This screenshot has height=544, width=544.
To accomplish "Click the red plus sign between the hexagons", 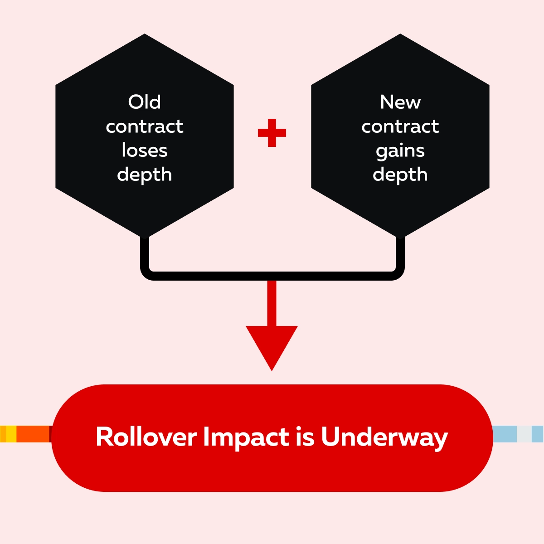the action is coord(272,133).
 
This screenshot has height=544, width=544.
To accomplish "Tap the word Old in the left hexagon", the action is coord(144,102).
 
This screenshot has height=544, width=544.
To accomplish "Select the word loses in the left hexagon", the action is coord(145,150).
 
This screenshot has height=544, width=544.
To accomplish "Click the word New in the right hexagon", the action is coord(400,102).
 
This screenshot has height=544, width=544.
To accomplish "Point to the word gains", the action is coord(400,151).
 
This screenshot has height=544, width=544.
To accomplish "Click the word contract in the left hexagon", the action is coord(145,126).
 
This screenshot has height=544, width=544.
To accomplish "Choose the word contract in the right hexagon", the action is coord(400,126).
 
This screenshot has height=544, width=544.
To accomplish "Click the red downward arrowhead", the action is coord(272,345).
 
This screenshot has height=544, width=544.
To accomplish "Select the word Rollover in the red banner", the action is coord(146,437).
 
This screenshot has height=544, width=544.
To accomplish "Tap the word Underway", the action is coord(384,438).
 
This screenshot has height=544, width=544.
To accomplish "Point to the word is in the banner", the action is coord(306,437).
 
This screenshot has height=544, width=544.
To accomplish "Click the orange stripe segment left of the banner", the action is coord(33,434).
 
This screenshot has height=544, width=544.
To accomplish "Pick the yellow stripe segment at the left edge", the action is coord(11,434).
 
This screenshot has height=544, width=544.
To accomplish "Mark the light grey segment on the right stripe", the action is coord(524,434).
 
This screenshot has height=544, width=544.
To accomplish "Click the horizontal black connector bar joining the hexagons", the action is coord(272,276).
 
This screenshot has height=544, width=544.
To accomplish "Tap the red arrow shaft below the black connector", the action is coord(272,303).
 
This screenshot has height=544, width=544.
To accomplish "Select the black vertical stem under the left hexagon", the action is coord(145,254).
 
